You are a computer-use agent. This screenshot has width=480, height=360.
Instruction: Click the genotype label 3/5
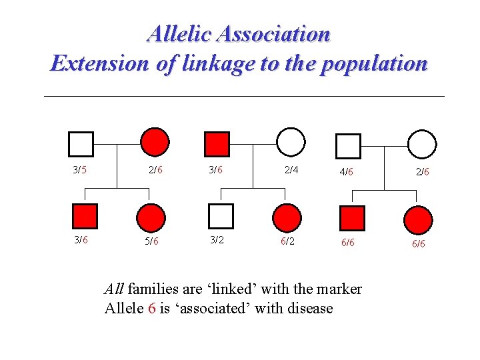click(x=79, y=170)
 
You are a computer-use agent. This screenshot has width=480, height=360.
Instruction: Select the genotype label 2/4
click(x=291, y=170)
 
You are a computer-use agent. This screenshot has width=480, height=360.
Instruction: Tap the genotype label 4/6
click(x=346, y=172)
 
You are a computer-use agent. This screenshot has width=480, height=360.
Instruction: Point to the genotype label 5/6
click(x=151, y=241)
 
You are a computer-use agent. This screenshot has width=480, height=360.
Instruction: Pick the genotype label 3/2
click(x=217, y=240)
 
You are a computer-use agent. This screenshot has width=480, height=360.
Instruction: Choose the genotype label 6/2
click(x=287, y=241)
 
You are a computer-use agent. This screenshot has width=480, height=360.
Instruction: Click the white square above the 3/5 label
click(x=81, y=143)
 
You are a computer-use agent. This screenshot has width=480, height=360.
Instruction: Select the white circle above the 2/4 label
click(x=291, y=142)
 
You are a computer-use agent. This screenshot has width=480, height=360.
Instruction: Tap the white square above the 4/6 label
click(x=348, y=146)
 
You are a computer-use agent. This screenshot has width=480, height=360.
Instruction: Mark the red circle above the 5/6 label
click(x=151, y=217)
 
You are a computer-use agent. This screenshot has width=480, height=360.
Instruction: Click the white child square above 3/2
click(x=221, y=216)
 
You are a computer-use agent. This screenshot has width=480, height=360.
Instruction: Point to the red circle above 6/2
click(x=287, y=217)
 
